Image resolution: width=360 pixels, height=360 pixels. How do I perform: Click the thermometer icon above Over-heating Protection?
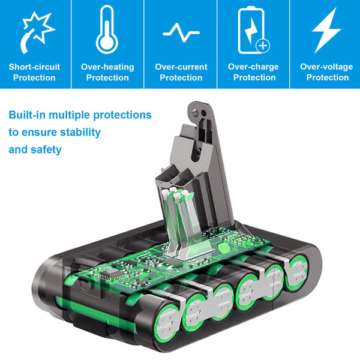107,29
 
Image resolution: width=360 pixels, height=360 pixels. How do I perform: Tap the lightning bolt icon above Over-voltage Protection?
326,30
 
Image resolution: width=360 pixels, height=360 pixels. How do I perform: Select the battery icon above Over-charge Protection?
253,30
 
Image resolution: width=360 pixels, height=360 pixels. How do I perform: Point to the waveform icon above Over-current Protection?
181,31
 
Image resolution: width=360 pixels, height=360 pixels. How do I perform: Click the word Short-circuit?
34,67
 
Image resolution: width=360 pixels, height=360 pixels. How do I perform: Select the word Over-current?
181,67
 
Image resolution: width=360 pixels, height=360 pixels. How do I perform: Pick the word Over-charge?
254,67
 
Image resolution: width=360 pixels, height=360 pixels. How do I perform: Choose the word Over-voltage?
327,67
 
